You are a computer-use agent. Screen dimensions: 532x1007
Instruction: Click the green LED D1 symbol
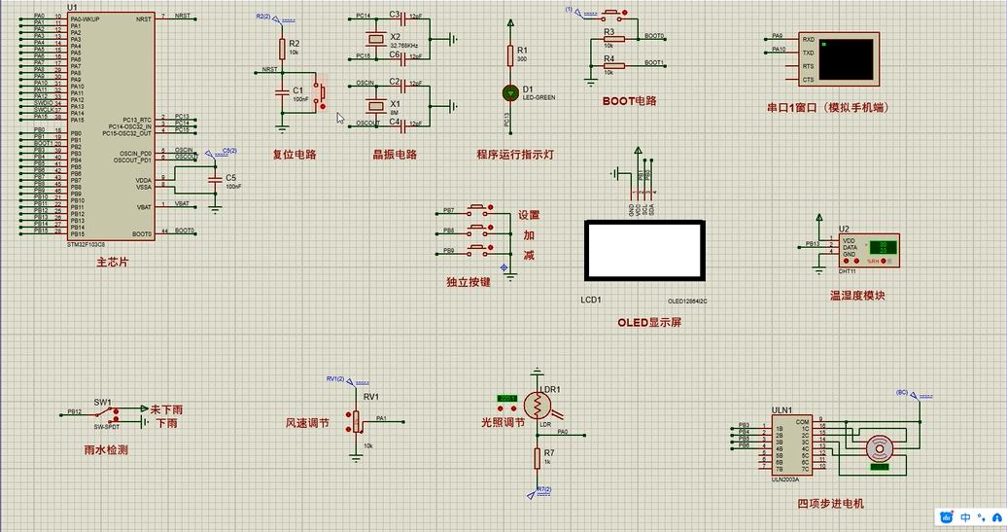pyautogui.click(x=509, y=92)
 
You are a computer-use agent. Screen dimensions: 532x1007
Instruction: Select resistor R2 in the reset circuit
pyautogui.click(x=282, y=49)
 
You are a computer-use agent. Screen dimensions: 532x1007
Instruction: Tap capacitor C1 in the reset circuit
pyautogui.click(x=282, y=92)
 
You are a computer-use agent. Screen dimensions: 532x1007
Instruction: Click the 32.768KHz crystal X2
pyautogui.click(x=376, y=40)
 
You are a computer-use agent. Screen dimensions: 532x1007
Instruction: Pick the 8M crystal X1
pyautogui.click(x=376, y=104)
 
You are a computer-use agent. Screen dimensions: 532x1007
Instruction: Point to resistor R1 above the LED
pyautogui.click(x=509, y=53)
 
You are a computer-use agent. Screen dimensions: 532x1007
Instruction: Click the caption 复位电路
pyautogui.click(x=295, y=154)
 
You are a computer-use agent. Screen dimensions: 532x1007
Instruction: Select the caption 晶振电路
pyautogui.click(x=395, y=154)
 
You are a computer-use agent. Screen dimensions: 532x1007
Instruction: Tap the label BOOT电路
pyautogui.click(x=630, y=101)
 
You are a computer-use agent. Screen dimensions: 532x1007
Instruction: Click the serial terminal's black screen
pyautogui.click(x=846, y=59)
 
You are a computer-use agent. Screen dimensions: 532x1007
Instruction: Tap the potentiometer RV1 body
pyautogui.click(x=356, y=421)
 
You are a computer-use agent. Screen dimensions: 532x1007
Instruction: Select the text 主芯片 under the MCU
pyautogui.click(x=112, y=263)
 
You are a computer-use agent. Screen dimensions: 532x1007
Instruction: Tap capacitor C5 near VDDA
pyautogui.click(x=216, y=181)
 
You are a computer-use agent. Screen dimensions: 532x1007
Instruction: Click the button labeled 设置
pyautogui.click(x=479, y=209)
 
